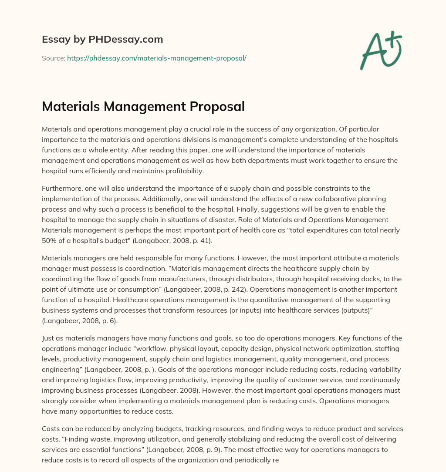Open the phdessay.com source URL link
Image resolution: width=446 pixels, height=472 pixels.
click(156, 58)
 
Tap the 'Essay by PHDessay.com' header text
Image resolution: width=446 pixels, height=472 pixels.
click(102, 40)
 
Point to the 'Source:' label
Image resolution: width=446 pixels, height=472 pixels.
click(53, 58)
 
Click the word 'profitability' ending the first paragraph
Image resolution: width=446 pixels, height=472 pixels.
click(185, 171)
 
